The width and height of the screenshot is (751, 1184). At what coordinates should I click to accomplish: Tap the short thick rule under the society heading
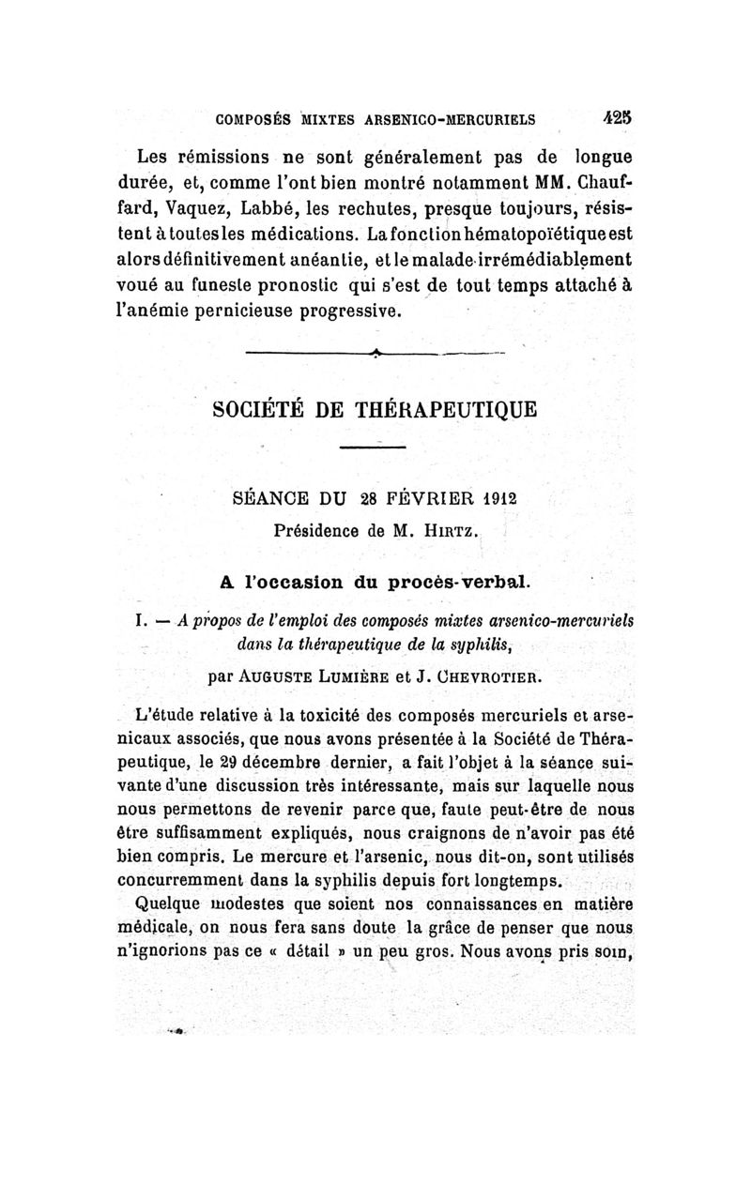pos(371,448)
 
